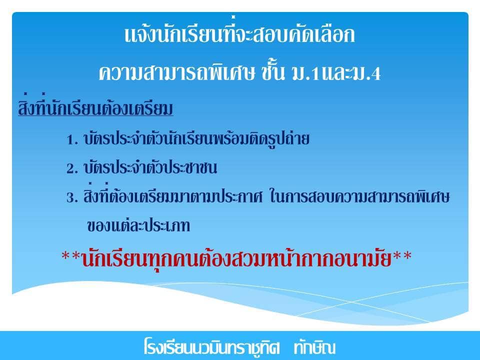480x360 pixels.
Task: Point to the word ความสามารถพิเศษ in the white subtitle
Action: pos(177,73)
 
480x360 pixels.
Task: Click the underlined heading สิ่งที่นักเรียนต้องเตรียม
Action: pos(95,106)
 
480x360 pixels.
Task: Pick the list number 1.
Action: pos(72,140)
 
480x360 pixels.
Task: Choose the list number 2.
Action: pos(72,169)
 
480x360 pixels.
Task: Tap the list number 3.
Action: pos(72,198)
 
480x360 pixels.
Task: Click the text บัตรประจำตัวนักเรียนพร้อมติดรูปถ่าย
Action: pos(196,138)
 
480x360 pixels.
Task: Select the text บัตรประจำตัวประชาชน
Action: pos(150,168)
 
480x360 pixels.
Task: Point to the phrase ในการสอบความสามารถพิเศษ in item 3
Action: pos(359,196)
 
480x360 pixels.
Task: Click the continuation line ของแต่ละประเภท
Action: pos(138,225)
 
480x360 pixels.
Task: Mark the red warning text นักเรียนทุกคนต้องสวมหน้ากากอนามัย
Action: pos(236,258)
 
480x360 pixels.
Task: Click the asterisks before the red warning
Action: pos(71,256)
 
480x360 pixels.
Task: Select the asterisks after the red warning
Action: pos(402,256)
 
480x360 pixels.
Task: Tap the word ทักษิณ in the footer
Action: pos(314,347)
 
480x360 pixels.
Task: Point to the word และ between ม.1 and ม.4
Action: pos(336,73)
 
